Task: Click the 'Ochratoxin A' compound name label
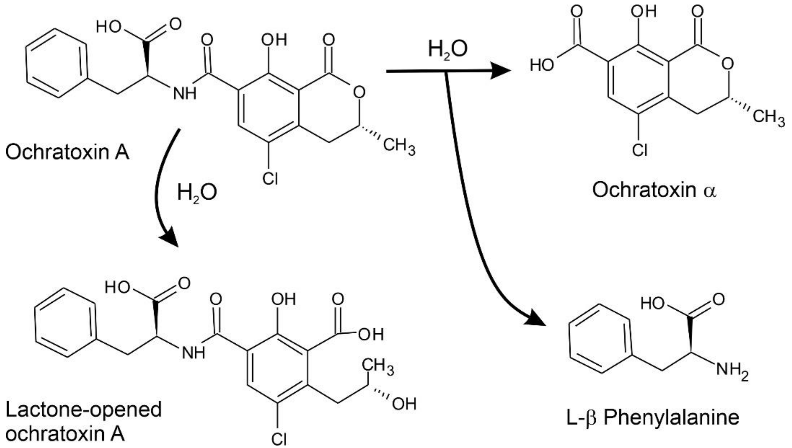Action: coord(67,152)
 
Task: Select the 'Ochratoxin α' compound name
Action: coord(654,190)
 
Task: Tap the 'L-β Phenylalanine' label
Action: coord(653,418)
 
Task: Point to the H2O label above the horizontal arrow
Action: coord(447,49)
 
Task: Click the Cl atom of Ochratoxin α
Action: coord(639,150)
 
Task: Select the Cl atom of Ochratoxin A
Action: coord(270,178)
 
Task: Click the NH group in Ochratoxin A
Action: coord(185,93)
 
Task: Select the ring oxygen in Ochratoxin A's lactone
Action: coord(359,92)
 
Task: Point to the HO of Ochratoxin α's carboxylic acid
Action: coord(542,65)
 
